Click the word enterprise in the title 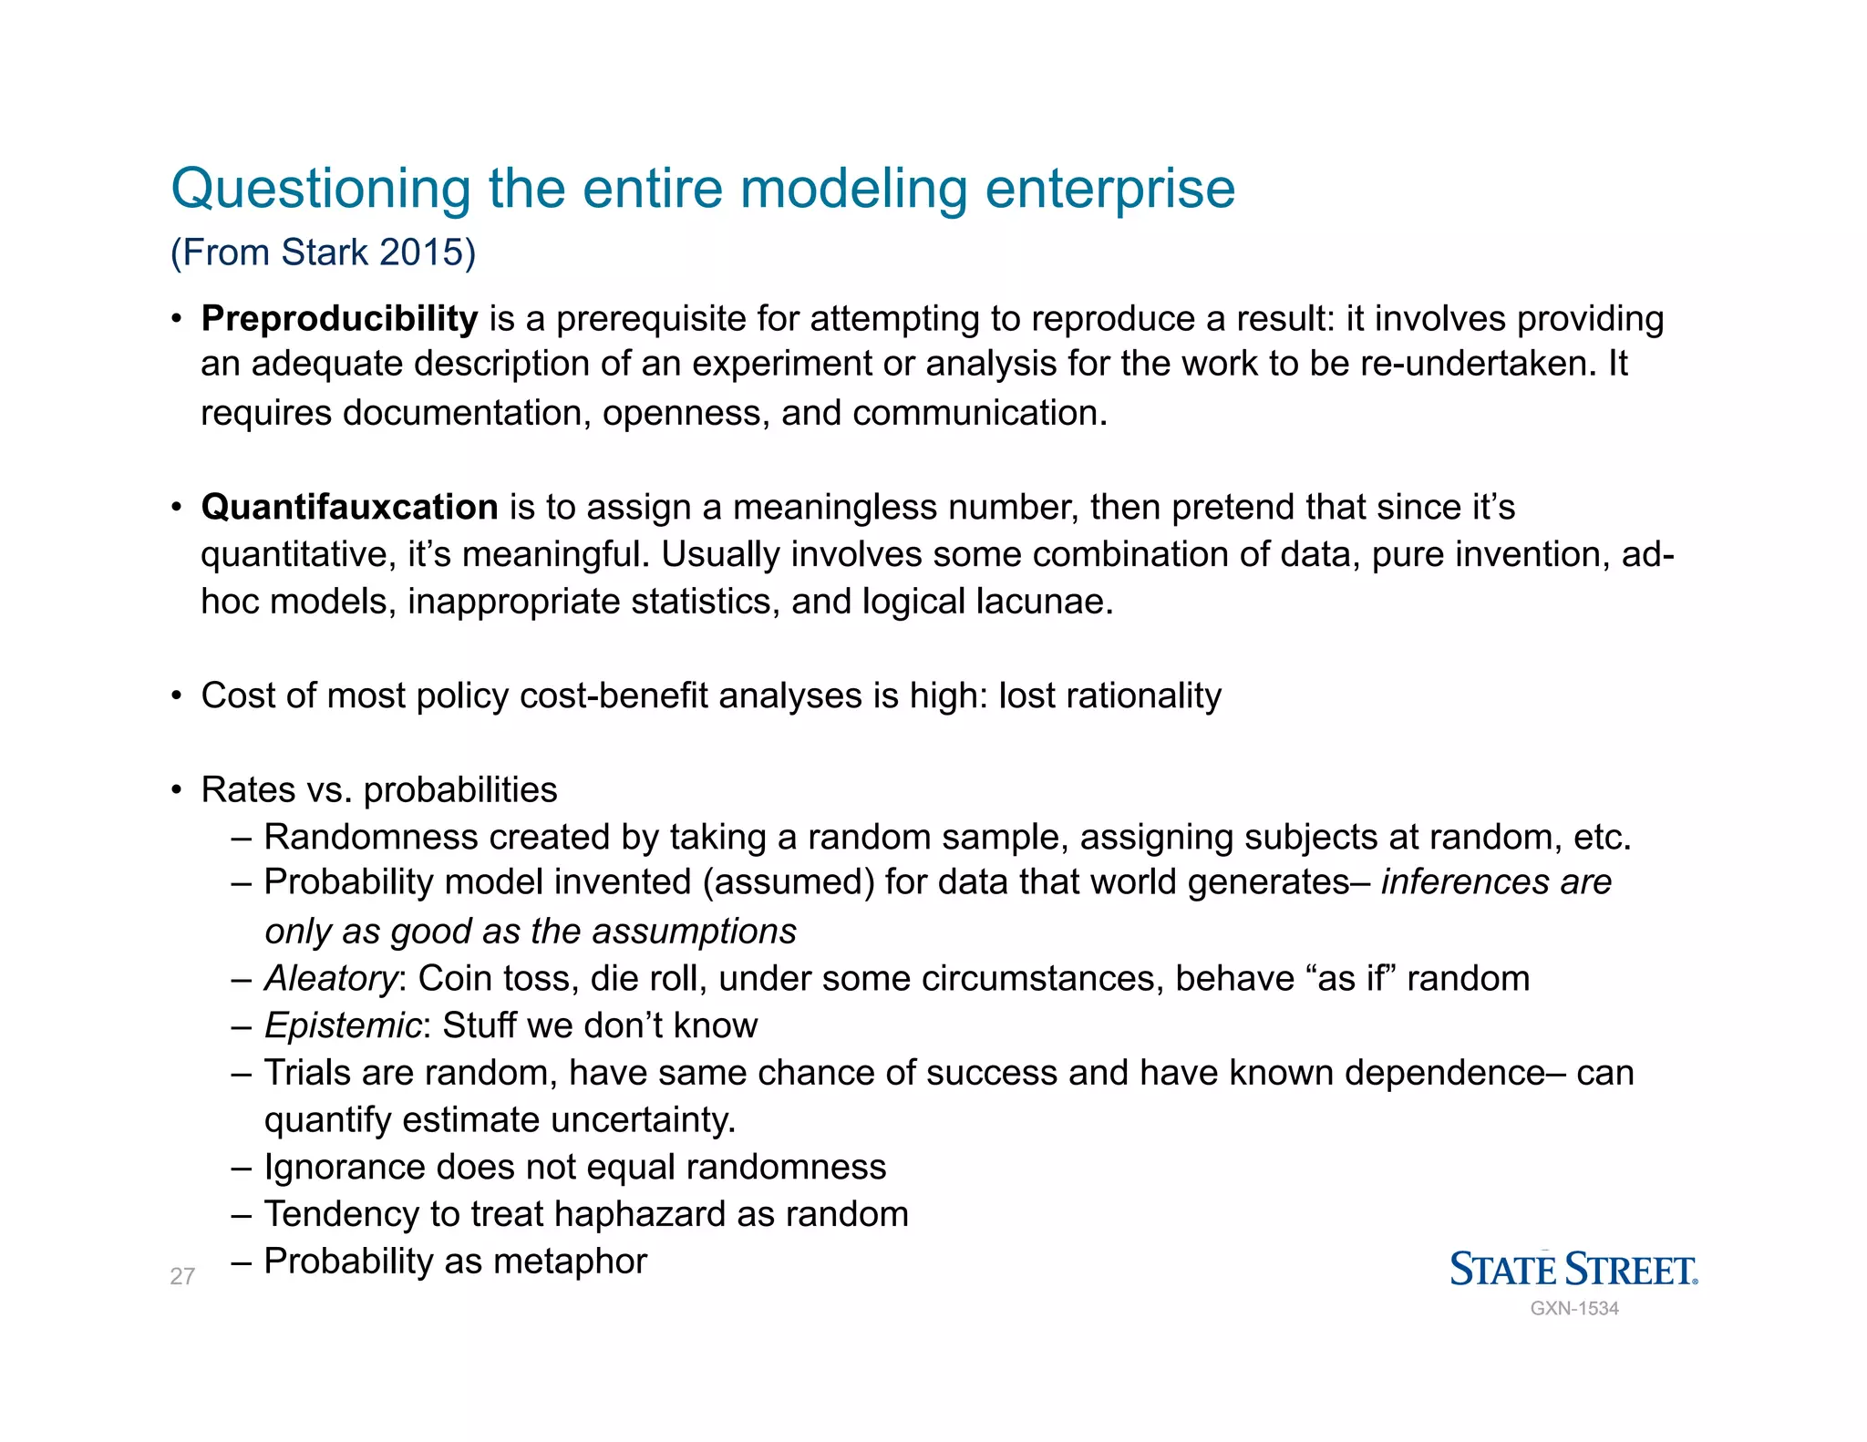pos(1109,190)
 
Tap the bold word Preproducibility pos(339,319)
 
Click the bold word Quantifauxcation pos(349,507)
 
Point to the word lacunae pos(1044,602)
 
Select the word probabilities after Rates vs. pos(460,789)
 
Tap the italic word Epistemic pos(343,1025)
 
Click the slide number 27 pos(182,1276)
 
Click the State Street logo pos(1573,1269)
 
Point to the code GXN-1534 pos(1574,1308)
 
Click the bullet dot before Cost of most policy pos(177,696)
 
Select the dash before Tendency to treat pos(242,1215)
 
